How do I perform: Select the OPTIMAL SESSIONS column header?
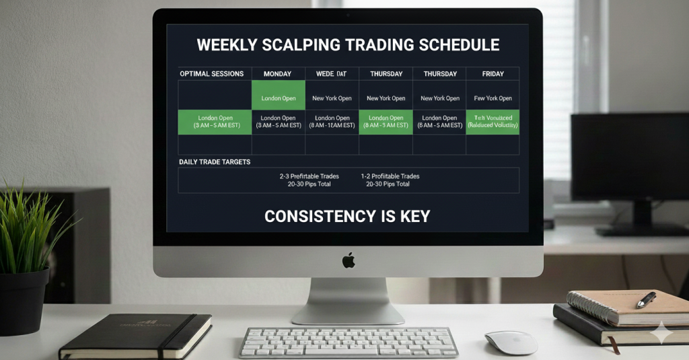(211, 74)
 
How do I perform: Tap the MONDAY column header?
(278, 74)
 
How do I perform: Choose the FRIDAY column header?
(493, 74)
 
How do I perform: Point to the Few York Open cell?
(493, 98)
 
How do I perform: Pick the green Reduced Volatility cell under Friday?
(493, 122)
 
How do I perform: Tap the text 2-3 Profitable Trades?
(310, 176)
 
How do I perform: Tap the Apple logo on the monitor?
(348, 260)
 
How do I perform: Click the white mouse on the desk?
(511, 342)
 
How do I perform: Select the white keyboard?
(348, 342)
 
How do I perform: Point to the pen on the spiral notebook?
(645, 299)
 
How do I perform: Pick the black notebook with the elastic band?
(135, 336)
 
